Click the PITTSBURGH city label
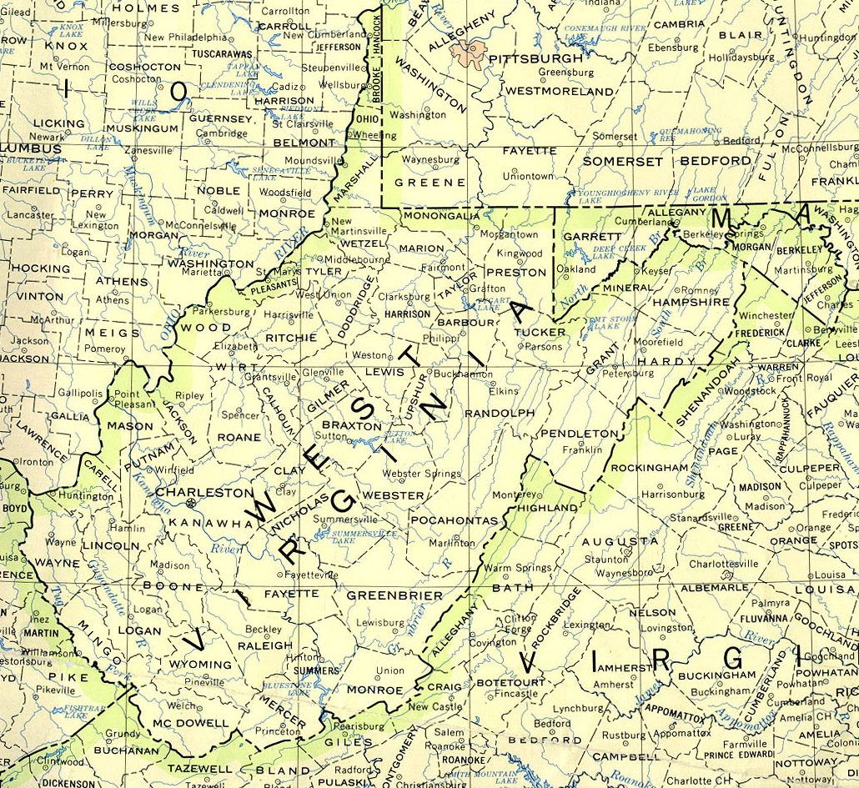click(535, 59)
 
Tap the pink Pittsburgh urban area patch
click(467, 53)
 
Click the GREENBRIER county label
click(394, 595)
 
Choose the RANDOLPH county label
click(499, 413)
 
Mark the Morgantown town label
click(510, 234)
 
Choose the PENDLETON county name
click(579, 434)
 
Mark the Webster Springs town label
click(421, 474)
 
